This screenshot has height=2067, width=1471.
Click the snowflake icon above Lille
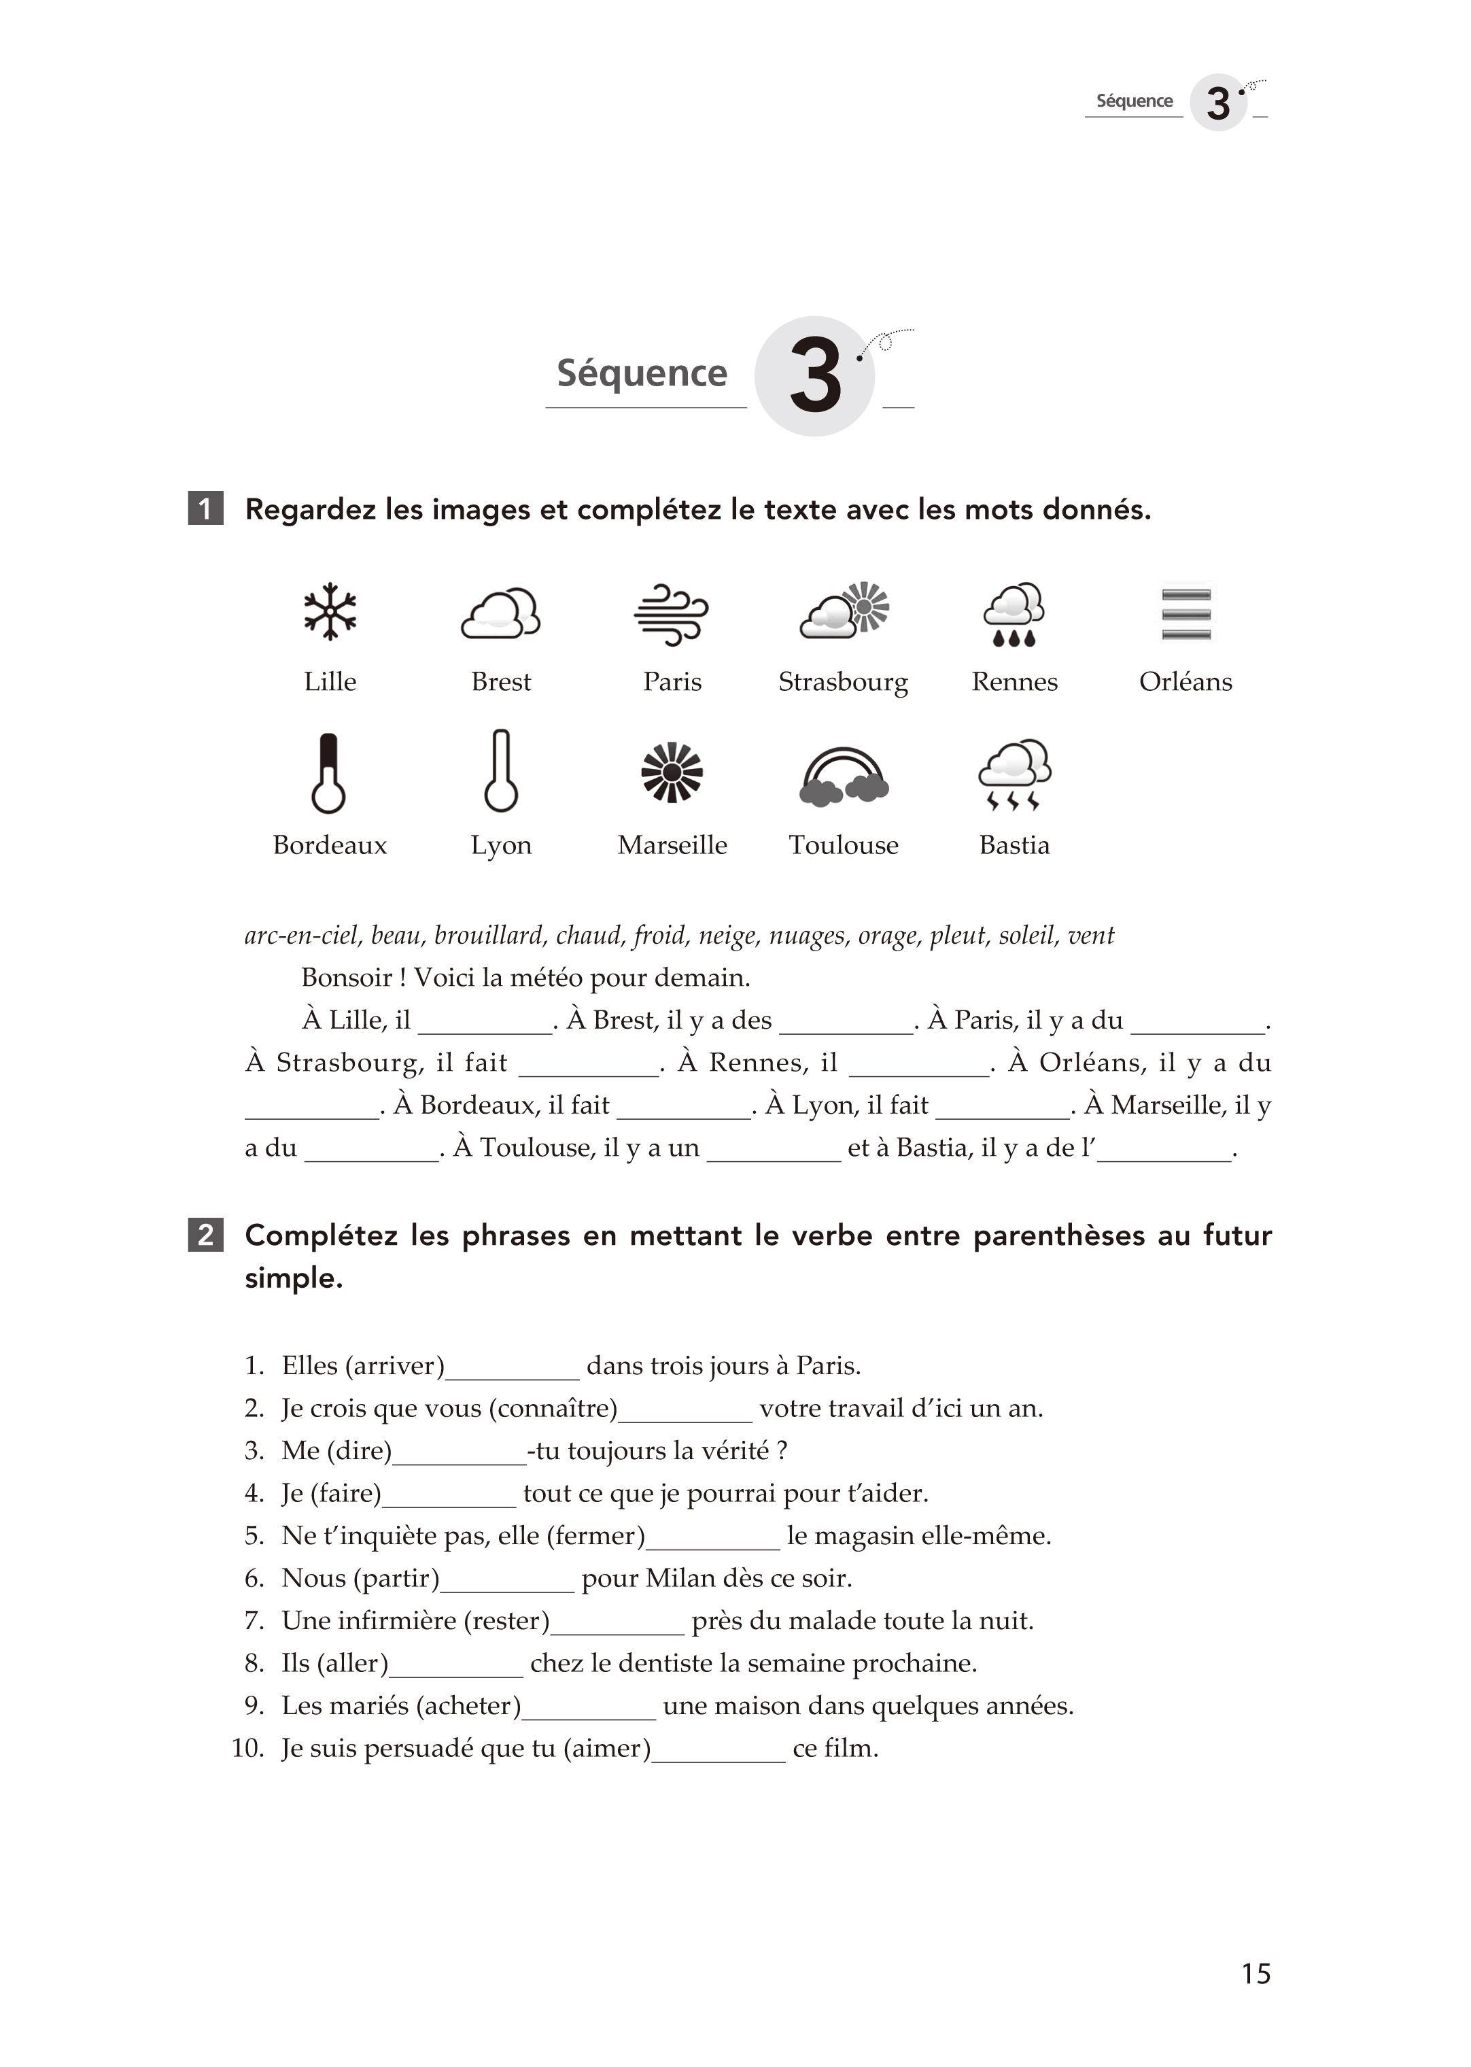[330, 611]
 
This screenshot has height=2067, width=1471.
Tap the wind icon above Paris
[671, 614]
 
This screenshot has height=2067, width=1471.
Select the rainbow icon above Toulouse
[844, 776]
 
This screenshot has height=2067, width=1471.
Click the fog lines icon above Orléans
[1186, 613]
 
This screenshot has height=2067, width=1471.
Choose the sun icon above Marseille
[671, 772]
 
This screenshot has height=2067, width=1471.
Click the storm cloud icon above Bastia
[1014, 774]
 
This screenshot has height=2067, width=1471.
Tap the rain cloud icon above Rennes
[1014, 614]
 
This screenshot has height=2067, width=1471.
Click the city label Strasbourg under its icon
[844, 682]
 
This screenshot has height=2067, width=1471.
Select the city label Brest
[501, 682]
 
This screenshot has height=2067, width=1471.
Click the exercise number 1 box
[205, 509]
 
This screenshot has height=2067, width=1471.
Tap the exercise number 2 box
[205, 1235]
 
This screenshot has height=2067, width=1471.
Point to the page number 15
[1256, 1974]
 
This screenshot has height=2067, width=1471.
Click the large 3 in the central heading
[815, 376]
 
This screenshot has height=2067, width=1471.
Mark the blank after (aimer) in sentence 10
[719, 1749]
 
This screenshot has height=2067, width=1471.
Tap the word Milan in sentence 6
[676, 1579]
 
